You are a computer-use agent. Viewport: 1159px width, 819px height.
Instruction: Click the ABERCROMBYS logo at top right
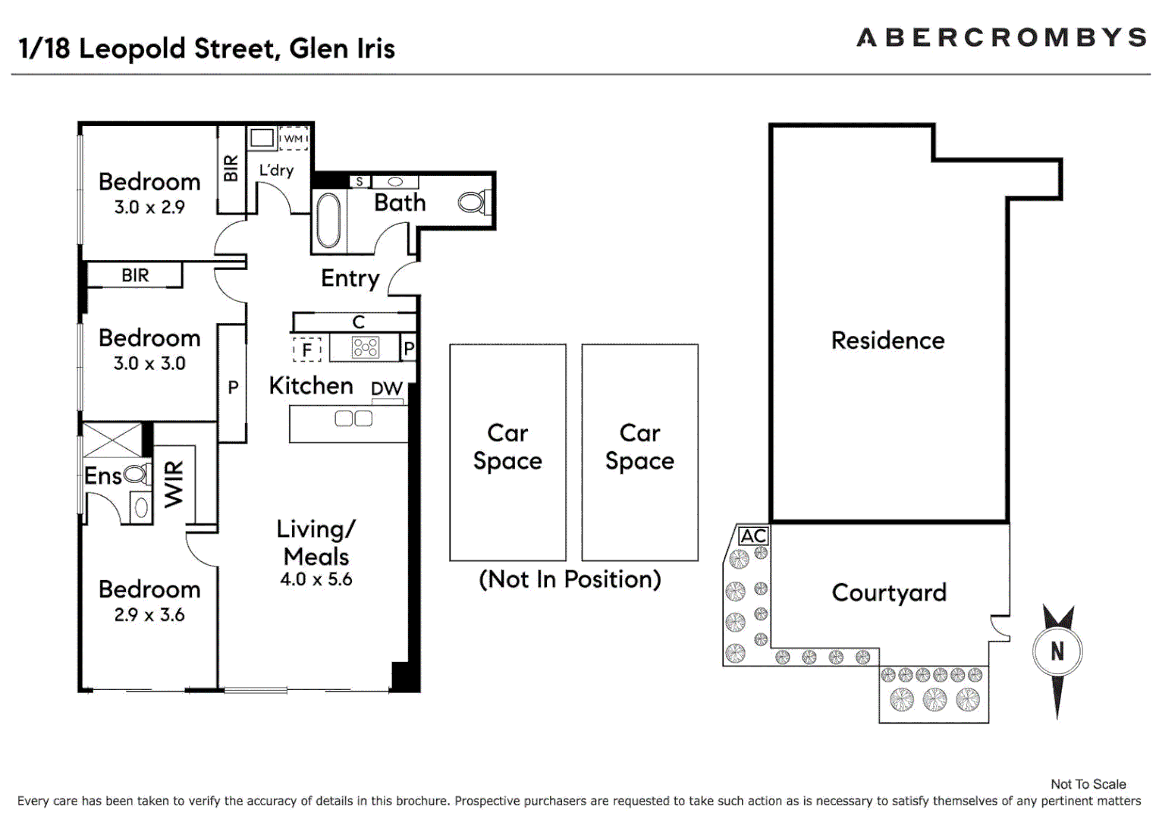[1000, 37]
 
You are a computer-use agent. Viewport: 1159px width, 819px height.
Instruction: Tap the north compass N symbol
[1057, 651]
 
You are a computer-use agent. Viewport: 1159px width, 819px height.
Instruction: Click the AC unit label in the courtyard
[753, 536]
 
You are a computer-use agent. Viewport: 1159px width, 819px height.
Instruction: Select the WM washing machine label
[293, 139]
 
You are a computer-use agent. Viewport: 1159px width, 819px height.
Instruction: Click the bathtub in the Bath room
[328, 220]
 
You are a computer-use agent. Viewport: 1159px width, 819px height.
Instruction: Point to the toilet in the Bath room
[473, 202]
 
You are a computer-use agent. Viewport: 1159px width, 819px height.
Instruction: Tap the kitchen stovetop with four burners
[365, 347]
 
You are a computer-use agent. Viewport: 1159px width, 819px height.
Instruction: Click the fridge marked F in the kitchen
[306, 350]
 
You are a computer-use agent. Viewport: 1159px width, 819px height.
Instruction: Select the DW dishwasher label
[386, 388]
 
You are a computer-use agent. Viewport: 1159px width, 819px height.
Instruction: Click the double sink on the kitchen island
[353, 418]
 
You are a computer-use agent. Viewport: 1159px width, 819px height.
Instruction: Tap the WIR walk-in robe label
[174, 483]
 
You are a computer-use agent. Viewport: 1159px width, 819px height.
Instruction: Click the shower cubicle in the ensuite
[112, 440]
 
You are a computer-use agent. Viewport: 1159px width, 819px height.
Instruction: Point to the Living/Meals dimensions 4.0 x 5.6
[316, 579]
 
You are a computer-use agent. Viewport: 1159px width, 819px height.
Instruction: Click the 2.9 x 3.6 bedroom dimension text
[149, 614]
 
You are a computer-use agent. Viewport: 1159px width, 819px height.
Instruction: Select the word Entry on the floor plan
[350, 278]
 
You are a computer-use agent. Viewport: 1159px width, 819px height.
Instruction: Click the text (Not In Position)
[570, 579]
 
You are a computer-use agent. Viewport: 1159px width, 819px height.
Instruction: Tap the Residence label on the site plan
[887, 340]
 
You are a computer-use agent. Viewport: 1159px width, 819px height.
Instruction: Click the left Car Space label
[507, 447]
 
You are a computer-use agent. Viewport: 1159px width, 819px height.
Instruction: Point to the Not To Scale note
[1088, 784]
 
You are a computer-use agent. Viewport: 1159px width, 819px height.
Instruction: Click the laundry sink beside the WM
[262, 138]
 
